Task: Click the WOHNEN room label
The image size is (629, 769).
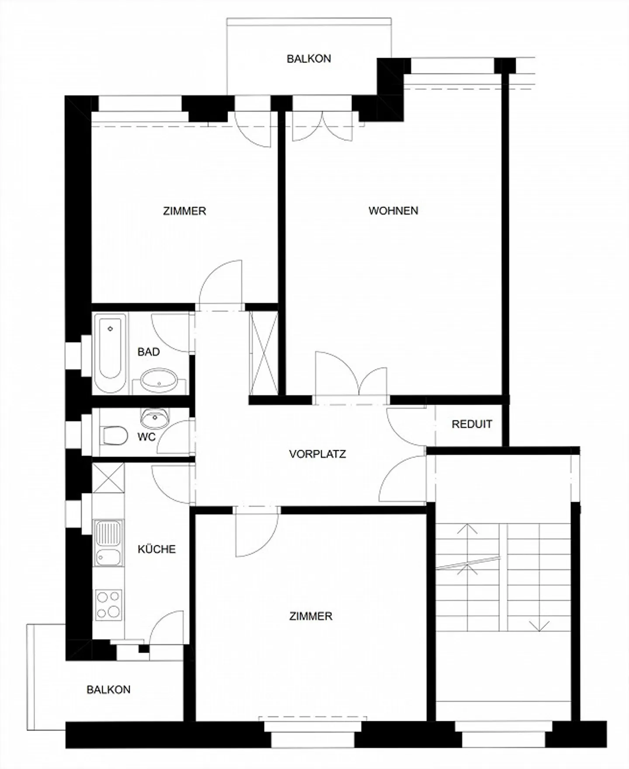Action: pos(393,211)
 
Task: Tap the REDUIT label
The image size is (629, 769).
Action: pos(472,424)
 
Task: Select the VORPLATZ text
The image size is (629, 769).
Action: pos(317,454)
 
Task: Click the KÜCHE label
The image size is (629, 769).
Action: pos(156,549)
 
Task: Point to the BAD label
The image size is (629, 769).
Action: pos(149,352)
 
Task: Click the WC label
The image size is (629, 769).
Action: pos(146,437)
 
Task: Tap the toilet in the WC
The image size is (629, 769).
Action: pos(114,435)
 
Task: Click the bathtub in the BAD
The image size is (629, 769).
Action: pos(110,353)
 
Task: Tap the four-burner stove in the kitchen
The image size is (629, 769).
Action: pos(109,605)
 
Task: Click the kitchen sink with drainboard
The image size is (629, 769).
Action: pos(109,543)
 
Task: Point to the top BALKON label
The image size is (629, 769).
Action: pos(308,59)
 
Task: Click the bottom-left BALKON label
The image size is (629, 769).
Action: pos(108,690)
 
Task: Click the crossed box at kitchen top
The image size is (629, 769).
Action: pos(108,478)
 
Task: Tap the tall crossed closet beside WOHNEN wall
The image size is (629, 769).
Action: pos(264,353)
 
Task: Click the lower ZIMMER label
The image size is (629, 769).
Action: pos(311,616)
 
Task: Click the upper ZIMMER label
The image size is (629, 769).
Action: pos(184,211)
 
